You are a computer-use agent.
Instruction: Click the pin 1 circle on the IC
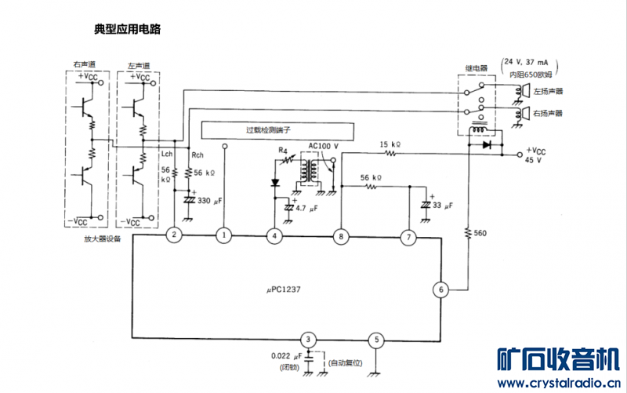pos(224,235)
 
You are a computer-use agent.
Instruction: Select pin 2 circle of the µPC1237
pos(175,235)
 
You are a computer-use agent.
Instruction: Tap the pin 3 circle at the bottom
pos(310,340)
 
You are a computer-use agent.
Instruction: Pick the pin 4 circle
pos(274,235)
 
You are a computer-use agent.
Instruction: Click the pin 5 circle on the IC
pos(377,340)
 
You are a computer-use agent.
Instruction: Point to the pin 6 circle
pos(441,289)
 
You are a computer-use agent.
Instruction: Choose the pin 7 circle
pos(408,235)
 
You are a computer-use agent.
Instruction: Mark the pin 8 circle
pos(340,235)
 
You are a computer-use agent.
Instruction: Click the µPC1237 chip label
pos(283,289)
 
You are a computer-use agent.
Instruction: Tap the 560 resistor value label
pos(480,233)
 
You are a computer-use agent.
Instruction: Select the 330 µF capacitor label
pos(210,201)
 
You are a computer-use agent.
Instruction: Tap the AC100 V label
pos(323,146)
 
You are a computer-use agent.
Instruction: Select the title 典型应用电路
pos(126,29)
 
